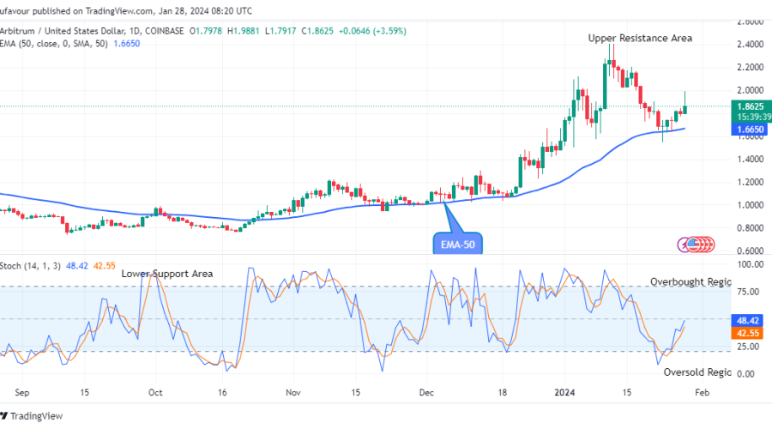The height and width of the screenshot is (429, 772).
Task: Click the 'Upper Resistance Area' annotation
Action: [x=639, y=38]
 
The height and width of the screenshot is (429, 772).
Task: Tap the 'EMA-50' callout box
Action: [x=456, y=244]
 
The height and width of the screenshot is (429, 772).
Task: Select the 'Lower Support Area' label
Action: [x=166, y=274]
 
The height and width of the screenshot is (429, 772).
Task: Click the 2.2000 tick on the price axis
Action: [x=751, y=67]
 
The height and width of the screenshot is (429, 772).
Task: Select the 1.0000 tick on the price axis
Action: [x=751, y=205]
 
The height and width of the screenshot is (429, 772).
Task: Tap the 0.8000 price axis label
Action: [x=751, y=228]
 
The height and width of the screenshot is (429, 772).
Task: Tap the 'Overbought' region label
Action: [x=690, y=281]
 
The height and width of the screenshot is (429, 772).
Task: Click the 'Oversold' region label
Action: [x=697, y=372]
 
